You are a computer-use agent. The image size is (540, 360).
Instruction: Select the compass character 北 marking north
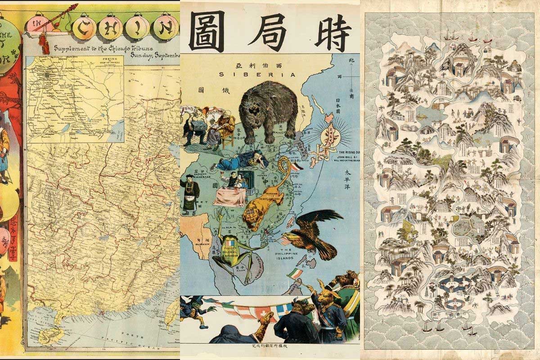point(351,59)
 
